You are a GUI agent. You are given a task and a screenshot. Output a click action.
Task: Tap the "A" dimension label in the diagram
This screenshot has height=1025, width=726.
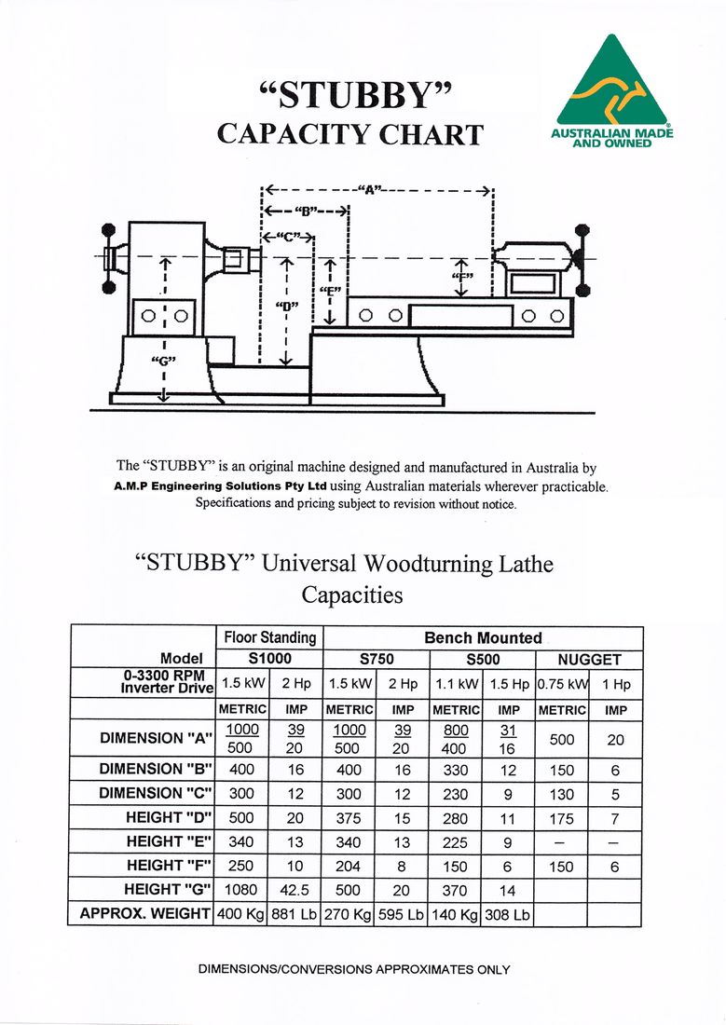(370, 190)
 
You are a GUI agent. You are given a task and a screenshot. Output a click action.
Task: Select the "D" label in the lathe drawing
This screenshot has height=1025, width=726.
(286, 306)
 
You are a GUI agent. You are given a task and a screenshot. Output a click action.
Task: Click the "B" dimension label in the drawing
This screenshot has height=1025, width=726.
(305, 212)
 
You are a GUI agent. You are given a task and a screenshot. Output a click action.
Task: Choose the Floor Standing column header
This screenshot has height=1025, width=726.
(269, 637)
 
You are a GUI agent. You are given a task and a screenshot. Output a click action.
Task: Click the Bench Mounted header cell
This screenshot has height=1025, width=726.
(483, 637)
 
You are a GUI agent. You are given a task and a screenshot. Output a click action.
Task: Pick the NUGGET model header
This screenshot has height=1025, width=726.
(589, 659)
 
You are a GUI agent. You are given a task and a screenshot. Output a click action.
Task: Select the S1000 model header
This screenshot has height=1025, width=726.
(269, 659)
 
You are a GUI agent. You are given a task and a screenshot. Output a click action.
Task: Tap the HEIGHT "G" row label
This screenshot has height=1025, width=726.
(168, 889)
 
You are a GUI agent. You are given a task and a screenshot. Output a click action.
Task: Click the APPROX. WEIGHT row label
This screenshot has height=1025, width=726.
(144, 913)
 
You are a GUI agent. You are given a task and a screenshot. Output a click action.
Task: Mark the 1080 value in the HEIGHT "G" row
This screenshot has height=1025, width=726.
(240, 889)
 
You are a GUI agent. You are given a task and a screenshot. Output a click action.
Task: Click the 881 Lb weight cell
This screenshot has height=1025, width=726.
(295, 914)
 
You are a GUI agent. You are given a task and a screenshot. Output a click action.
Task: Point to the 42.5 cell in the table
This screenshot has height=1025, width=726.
(295, 889)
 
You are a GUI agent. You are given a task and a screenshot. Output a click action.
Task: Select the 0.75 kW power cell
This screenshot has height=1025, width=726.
(562, 684)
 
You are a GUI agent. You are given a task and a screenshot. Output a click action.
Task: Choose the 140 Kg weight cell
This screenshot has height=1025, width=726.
(456, 914)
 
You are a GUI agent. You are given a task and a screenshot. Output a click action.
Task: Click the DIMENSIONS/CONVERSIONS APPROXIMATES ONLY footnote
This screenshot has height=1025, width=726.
(354, 969)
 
